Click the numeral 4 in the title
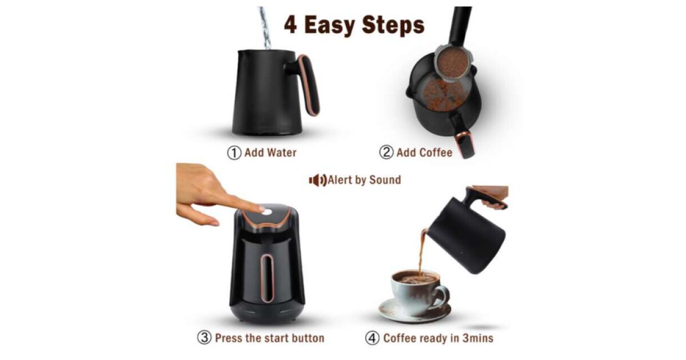pyautogui.click(x=290, y=25)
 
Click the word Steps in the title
pyautogui.click(x=393, y=26)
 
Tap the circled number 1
pyautogui.click(x=234, y=153)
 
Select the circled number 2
pyautogui.click(x=386, y=152)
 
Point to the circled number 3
pyautogui.click(x=204, y=338)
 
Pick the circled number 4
pyautogui.click(x=372, y=338)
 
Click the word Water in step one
pyautogui.click(x=281, y=153)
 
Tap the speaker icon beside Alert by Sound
pyautogui.click(x=318, y=181)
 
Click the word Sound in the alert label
pyautogui.click(x=385, y=180)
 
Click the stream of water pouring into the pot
pyautogui.click(x=265, y=27)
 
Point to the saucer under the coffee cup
pyautogui.click(x=415, y=310)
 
